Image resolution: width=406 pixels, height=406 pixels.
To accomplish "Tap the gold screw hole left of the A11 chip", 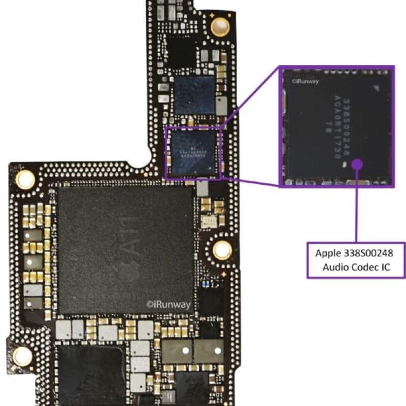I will point(24,179).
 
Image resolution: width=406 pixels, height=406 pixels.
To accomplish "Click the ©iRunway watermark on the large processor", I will point(168,304).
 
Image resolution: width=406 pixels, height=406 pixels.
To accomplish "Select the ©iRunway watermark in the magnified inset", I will point(304,81).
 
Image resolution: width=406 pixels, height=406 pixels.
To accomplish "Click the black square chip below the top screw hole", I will point(181,51).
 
